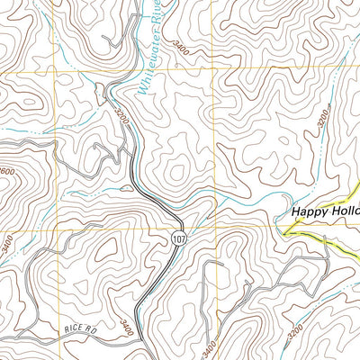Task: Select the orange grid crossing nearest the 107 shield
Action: [x=212, y=229]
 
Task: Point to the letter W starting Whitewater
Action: [x=141, y=90]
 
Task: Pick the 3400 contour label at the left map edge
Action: [x=6, y=242]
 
